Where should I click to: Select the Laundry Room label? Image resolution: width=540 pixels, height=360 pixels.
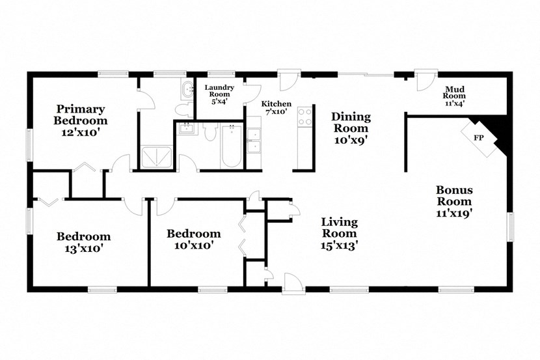219,94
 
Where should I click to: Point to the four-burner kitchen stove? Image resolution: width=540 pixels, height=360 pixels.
304,117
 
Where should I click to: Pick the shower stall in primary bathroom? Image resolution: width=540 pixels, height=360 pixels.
158,156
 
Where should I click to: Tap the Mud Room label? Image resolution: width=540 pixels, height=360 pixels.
453,96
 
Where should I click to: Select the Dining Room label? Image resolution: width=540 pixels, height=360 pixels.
351,128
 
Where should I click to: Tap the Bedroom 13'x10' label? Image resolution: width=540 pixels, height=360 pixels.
83,242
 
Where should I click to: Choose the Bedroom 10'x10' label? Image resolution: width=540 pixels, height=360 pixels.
193,239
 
